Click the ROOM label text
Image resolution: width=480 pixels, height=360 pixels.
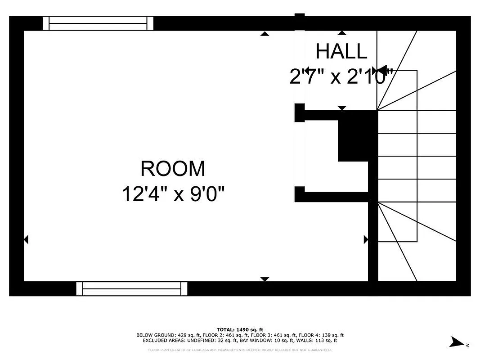pyautogui.click(x=173, y=169)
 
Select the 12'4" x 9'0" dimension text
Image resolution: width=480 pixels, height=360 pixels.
pyautogui.click(x=173, y=195)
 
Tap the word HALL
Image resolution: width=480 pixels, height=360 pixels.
pyautogui.click(x=341, y=51)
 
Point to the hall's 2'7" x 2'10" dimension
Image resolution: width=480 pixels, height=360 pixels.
pyautogui.click(x=341, y=77)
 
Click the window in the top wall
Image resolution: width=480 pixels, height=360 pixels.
pyautogui.click(x=98, y=23)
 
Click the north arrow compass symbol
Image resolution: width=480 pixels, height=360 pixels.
pyautogui.click(x=458, y=342)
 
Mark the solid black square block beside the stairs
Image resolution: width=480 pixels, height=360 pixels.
pyautogui.click(x=357, y=136)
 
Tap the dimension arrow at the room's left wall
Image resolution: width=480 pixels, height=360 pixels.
pyautogui.click(x=26, y=239)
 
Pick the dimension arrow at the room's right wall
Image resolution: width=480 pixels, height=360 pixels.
pyautogui.click(x=365, y=239)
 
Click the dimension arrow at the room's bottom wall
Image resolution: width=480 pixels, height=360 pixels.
pyautogui.click(x=265, y=279)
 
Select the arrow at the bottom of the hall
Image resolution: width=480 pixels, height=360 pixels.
pyautogui.click(x=342, y=108)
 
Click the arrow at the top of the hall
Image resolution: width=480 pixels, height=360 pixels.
pyautogui.click(x=342, y=33)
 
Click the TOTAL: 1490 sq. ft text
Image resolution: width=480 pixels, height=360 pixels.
pyautogui.click(x=240, y=330)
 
